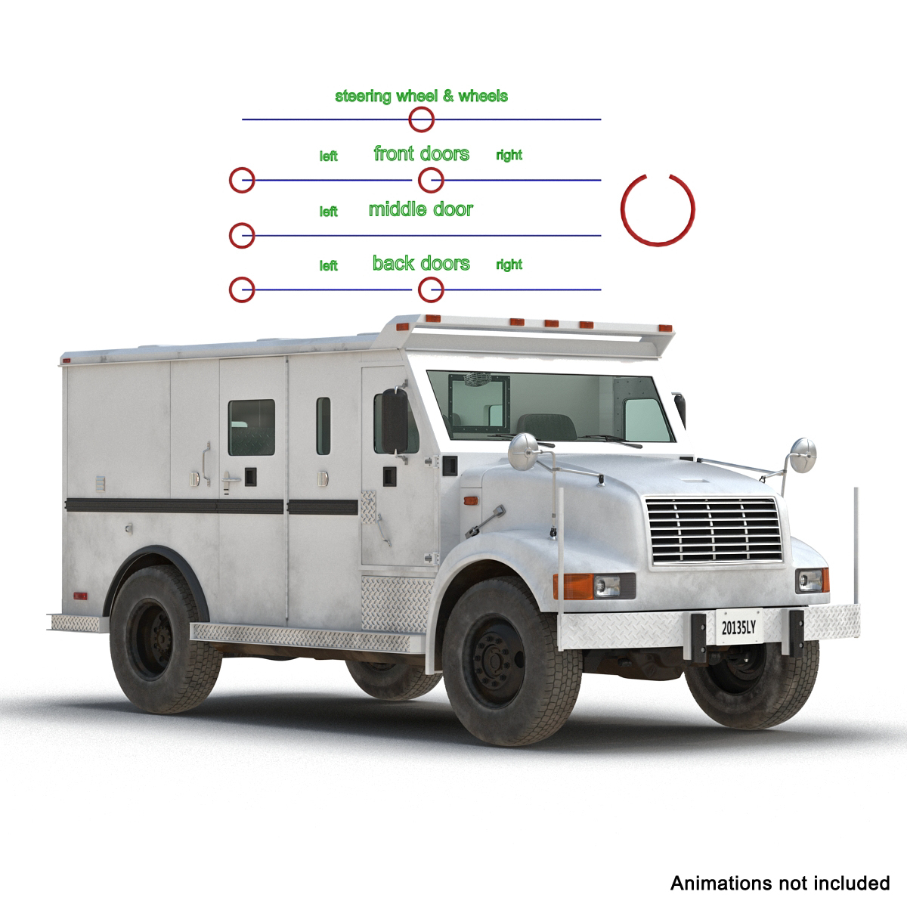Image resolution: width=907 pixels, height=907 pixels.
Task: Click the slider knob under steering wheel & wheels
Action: click(421, 119)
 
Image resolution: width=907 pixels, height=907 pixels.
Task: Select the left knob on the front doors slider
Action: click(242, 181)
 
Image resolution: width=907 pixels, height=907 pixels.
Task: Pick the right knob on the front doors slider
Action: click(431, 181)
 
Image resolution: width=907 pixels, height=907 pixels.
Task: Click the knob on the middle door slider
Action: click(242, 235)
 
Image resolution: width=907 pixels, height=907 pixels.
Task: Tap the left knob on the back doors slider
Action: click(242, 289)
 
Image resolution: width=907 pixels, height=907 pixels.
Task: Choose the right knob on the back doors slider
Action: click(431, 289)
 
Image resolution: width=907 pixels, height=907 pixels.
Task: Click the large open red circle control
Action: click(657, 209)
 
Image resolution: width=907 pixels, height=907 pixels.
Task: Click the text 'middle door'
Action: click(420, 209)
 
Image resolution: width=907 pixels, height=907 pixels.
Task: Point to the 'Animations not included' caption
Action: click(779, 883)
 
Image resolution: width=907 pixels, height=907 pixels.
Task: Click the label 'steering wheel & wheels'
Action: click(421, 96)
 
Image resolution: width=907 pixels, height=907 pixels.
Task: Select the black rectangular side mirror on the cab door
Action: click(395, 420)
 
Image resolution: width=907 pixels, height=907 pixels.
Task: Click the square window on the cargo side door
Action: click(252, 427)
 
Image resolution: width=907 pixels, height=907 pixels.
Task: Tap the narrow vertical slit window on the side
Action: click(323, 426)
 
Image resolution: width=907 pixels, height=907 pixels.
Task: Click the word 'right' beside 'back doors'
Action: click(509, 265)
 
